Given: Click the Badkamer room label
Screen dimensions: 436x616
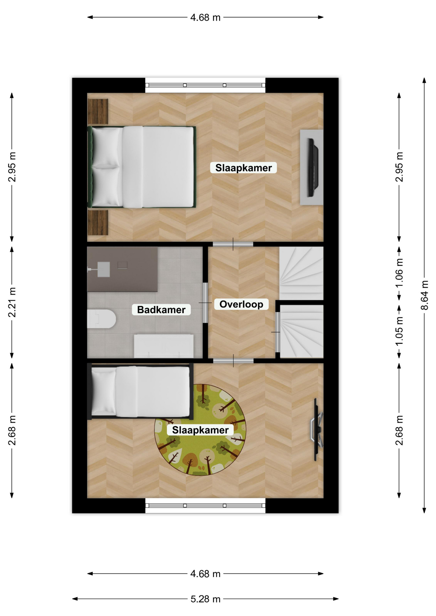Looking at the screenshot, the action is coord(161,310).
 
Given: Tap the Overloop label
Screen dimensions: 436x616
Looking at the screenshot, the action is coord(241,304).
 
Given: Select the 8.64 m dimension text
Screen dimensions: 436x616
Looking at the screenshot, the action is coord(424,295).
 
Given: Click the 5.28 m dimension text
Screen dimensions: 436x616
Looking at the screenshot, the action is coord(205,599).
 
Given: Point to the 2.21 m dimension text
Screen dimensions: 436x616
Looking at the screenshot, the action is coord(12,302).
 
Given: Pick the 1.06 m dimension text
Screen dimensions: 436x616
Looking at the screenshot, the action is coord(399,273).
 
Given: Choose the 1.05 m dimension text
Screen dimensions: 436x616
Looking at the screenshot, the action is coord(399,331).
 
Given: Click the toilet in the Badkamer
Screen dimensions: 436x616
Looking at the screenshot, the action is coord(101,319).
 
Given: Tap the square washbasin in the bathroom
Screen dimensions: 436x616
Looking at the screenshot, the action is coord(103,269).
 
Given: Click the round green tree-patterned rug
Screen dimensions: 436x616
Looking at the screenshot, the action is coord(200,430).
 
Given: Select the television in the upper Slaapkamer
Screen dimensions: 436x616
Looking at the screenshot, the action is coord(312,167).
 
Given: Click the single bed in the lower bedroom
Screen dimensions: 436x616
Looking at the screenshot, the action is coord(141,392).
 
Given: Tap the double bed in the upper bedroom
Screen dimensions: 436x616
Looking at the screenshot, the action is coord(142,167).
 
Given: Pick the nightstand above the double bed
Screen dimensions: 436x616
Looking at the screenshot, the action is coord(98,111).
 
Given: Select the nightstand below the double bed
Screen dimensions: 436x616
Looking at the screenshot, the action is coord(98,223).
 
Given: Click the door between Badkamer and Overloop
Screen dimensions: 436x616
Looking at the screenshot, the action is coord(205,303).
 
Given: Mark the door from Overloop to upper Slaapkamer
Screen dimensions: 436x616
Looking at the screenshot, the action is coord(233,244).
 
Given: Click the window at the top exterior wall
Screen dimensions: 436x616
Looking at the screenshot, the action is coord(205,85).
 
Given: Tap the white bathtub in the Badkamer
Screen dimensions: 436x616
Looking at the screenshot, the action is coord(164,346).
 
